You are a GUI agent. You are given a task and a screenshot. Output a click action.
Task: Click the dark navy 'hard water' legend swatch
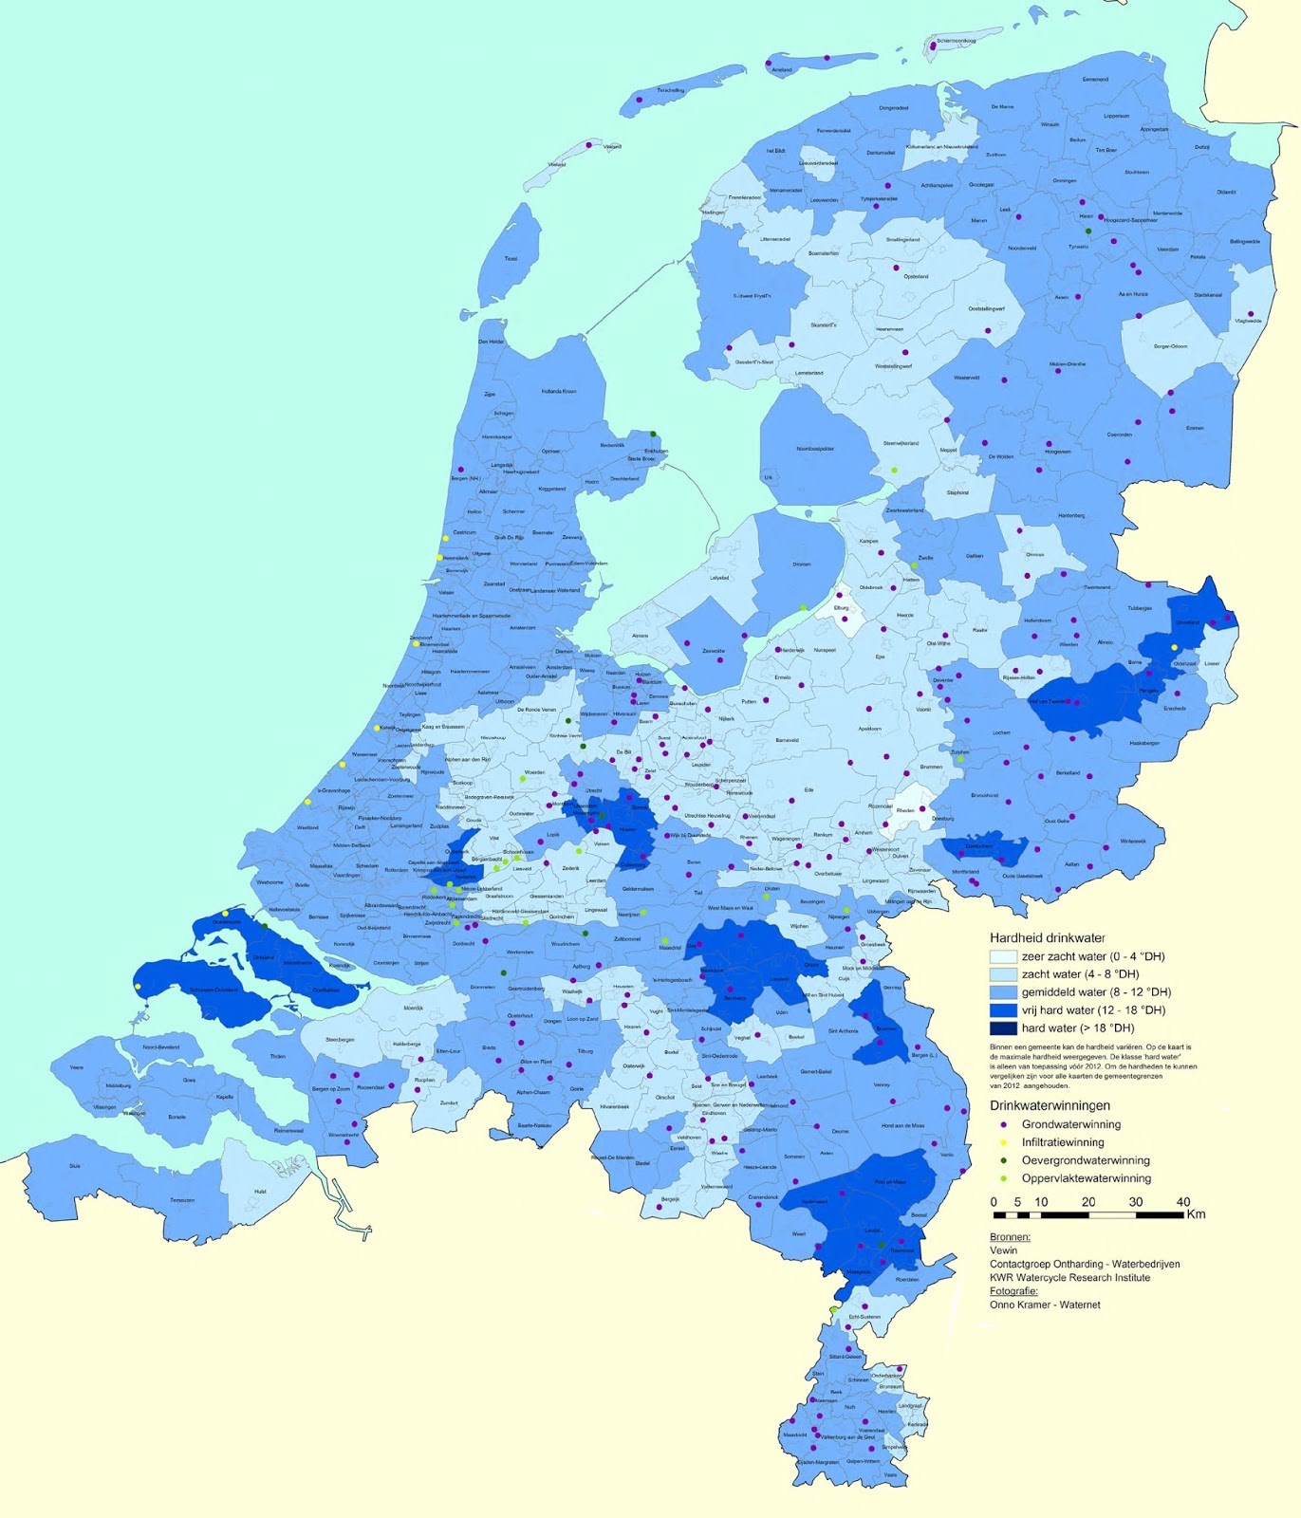[1003, 1028]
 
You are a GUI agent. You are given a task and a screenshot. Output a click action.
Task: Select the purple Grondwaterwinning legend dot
[1003, 1124]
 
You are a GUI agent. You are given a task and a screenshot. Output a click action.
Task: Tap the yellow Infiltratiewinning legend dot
[1003, 1142]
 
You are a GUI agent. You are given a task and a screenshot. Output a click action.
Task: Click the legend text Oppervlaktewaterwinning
[1086, 1178]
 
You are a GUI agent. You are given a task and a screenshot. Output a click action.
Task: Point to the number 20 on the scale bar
[1087, 1202]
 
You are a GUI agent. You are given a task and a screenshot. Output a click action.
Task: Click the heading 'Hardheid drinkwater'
[1047, 937]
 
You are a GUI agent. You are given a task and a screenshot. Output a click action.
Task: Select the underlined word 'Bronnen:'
[1010, 1237]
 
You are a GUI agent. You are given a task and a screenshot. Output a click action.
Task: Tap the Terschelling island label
[670, 90]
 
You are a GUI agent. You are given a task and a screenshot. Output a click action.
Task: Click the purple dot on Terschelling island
[640, 100]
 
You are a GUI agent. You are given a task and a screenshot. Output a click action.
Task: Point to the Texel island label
[511, 258]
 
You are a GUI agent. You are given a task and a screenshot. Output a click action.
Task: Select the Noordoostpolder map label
[815, 449]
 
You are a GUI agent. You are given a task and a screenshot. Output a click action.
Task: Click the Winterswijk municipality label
[1133, 841]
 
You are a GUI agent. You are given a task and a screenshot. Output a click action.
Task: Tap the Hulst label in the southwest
[260, 1192]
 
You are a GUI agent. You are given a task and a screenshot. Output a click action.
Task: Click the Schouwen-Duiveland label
[214, 990]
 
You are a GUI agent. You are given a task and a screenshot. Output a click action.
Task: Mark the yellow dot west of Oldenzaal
[1174, 648]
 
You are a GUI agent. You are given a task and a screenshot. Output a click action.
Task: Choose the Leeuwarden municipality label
[824, 200]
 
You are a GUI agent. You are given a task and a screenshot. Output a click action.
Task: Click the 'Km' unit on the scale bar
[1196, 1214]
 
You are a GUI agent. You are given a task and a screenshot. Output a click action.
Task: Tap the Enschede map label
[1175, 708]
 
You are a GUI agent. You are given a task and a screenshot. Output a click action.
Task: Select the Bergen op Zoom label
[330, 1089]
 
